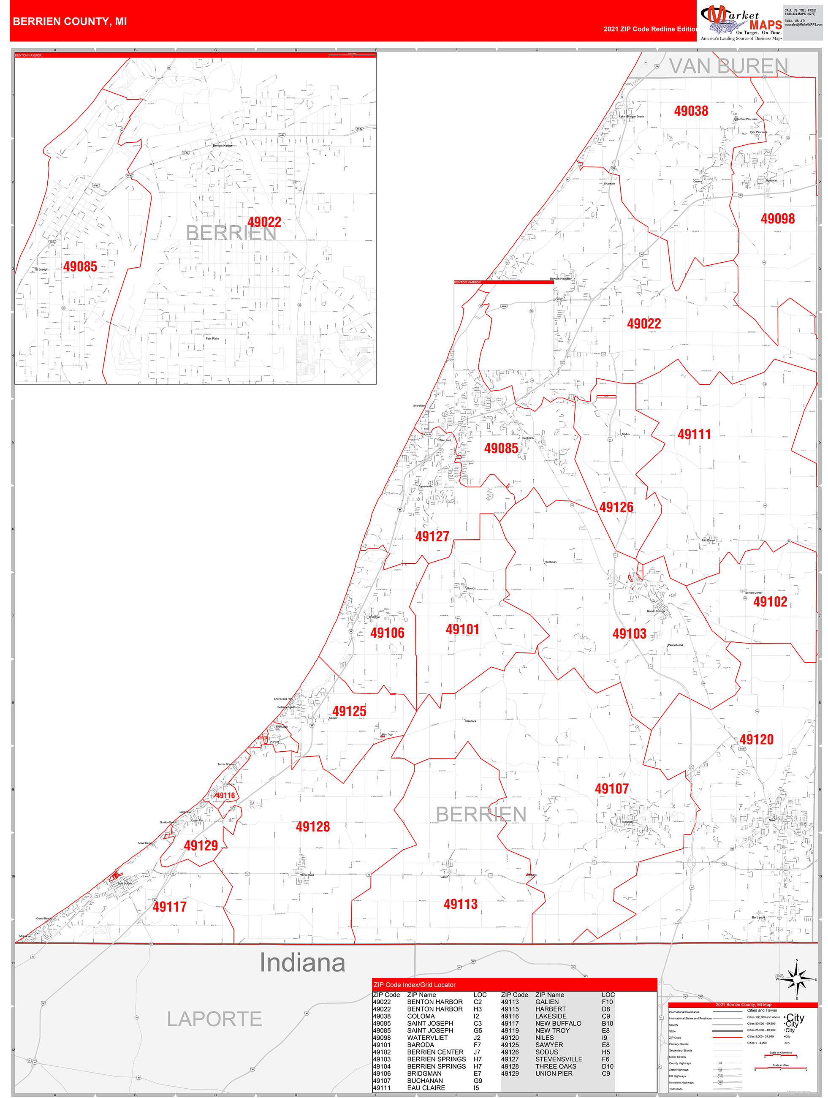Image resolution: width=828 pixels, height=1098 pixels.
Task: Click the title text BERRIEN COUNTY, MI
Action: tap(70, 22)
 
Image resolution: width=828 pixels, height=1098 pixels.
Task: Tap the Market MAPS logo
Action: tap(741, 22)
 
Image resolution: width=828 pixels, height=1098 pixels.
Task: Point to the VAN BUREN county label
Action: tap(728, 66)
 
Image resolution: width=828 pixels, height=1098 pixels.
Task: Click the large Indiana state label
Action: tap(302, 962)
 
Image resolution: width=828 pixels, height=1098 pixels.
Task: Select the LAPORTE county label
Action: tap(214, 1019)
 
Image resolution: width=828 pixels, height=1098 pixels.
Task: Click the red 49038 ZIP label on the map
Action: tap(690, 111)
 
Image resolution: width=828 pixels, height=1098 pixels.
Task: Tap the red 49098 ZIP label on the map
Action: tap(777, 218)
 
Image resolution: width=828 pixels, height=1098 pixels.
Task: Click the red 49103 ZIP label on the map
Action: tap(629, 633)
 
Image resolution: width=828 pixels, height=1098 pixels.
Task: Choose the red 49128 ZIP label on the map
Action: tap(313, 826)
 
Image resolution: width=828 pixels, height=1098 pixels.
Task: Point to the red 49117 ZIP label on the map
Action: tap(169, 906)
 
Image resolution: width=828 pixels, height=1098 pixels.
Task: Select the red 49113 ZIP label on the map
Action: tap(460, 904)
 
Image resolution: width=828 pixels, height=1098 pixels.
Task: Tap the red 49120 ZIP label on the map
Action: tap(756, 739)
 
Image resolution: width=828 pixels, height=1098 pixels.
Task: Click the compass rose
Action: tap(797, 979)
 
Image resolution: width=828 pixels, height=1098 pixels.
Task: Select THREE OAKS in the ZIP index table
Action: tap(556, 1066)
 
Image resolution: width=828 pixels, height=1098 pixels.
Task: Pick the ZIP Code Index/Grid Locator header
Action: tap(415, 985)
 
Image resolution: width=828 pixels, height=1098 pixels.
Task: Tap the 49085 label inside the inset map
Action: tap(80, 266)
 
